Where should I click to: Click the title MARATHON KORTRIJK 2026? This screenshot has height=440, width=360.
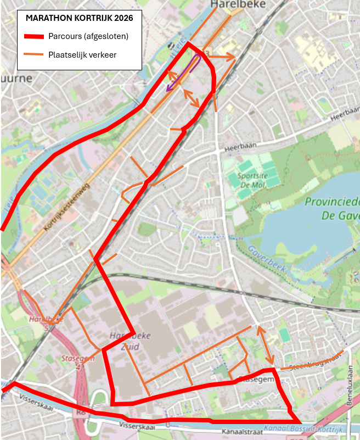coord(79,18)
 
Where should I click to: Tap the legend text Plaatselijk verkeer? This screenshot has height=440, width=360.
coord(82,54)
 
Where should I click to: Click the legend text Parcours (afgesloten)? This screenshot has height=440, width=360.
coord(88,37)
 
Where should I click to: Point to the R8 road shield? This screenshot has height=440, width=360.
coord(81,410)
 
